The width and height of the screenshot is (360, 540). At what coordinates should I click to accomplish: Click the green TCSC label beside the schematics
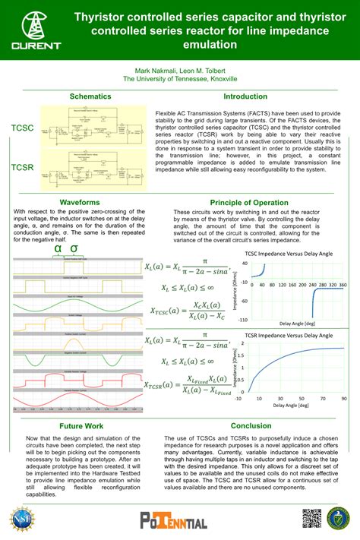pyautogui.click(x=22, y=128)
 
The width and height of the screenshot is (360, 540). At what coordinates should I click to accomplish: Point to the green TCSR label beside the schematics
pyautogui.click(x=22, y=166)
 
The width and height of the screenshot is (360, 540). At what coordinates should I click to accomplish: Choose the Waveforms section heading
pyautogui.click(x=80, y=203)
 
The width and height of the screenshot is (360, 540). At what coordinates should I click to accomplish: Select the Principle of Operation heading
pyautogui.click(x=248, y=203)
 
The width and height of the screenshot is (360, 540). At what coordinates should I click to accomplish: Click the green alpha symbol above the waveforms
pyautogui.click(x=57, y=248)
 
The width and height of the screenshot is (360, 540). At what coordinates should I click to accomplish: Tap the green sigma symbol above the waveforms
pyautogui.click(x=74, y=248)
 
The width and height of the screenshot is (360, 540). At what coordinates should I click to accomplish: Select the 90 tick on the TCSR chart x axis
pyautogui.click(x=344, y=398)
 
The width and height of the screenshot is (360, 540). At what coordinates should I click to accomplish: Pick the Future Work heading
pyautogui.click(x=81, y=426)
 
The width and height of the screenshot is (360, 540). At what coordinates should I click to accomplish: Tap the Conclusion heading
pyautogui.click(x=251, y=426)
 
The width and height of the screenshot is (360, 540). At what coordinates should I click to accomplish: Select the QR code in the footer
pyautogui.click(x=313, y=518)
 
